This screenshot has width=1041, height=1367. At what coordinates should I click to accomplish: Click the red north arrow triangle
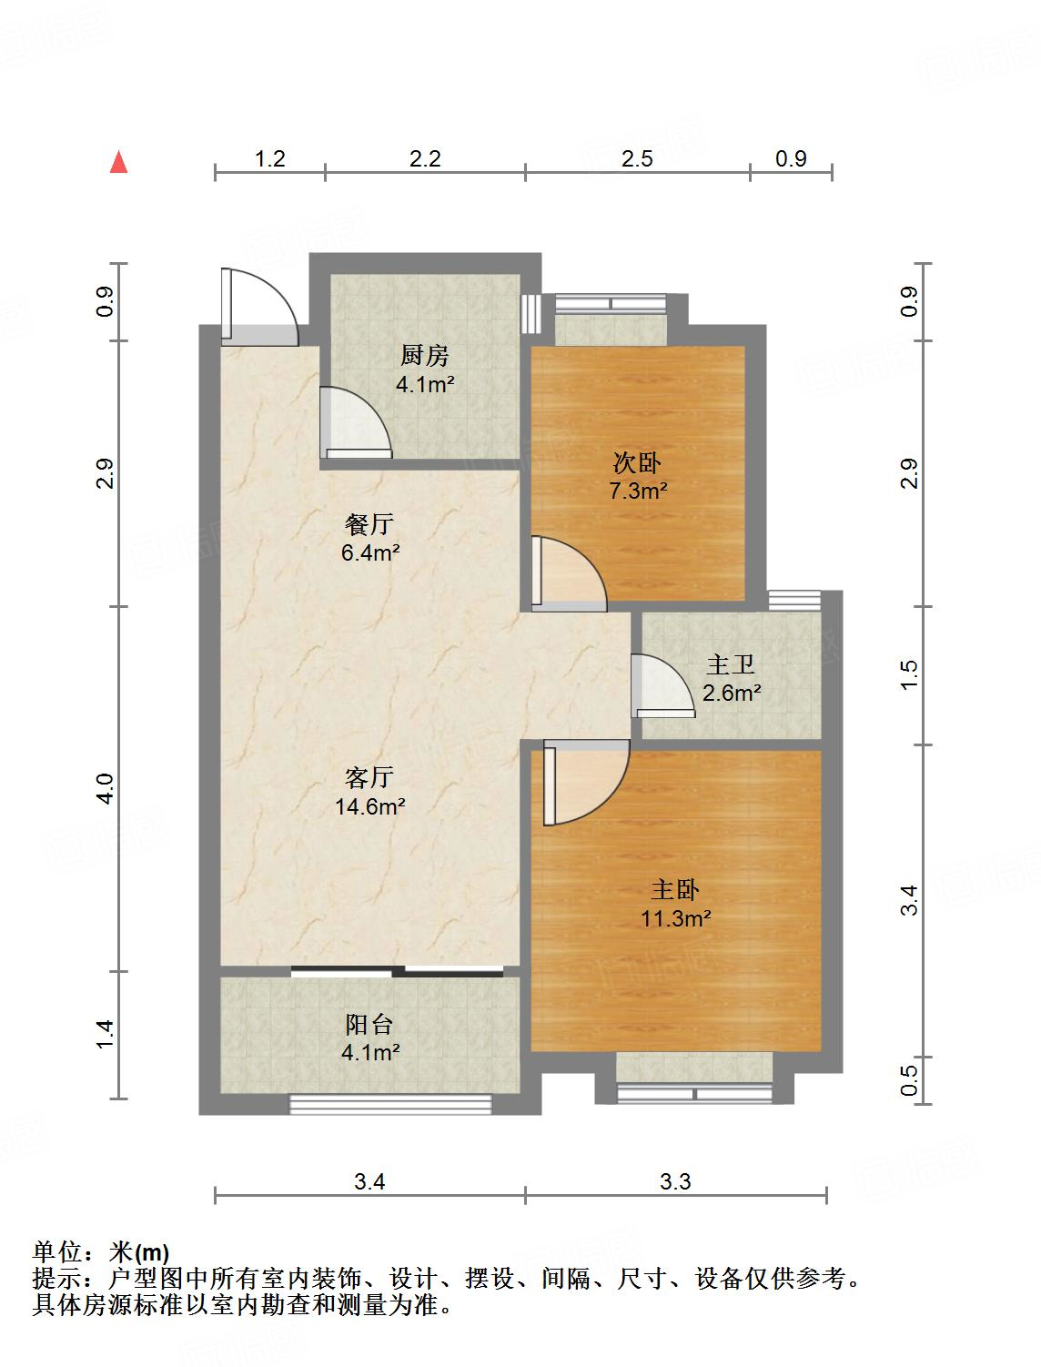point(118,162)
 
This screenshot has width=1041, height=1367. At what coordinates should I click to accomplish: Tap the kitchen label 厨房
point(425,356)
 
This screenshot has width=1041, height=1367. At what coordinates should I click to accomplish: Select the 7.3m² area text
point(638,491)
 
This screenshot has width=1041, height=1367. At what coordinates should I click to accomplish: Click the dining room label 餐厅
point(369,523)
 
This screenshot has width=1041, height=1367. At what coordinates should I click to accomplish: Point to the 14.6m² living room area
point(370,806)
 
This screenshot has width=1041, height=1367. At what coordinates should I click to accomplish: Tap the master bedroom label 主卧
point(675,889)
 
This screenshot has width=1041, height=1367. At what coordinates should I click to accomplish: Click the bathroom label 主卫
point(731,664)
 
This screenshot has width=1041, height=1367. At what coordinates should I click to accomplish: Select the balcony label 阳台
point(369,1025)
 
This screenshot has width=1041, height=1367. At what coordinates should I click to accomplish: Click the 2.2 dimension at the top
point(425,158)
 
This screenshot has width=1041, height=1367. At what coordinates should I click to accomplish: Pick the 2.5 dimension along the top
point(637,158)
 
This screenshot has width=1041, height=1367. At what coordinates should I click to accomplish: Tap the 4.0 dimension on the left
point(106,788)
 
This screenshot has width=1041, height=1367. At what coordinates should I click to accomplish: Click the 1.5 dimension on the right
point(909,674)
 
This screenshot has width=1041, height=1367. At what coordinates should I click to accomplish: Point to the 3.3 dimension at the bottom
point(675,1181)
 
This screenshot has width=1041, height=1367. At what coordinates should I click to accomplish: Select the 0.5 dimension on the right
point(909,1080)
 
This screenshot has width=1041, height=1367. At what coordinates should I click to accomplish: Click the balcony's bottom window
point(390,1104)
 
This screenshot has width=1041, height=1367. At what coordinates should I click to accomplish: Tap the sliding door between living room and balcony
point(398,970)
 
